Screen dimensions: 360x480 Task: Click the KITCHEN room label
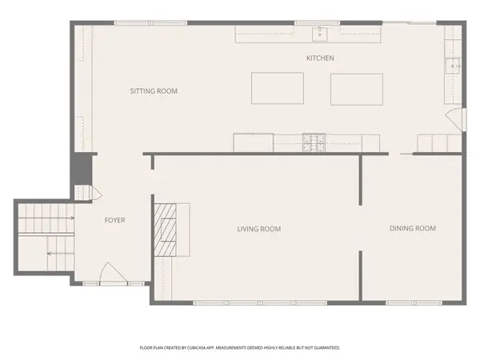pos(320,58)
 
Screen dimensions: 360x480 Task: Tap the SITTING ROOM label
pos(154,91)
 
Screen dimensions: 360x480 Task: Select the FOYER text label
pos(114,220)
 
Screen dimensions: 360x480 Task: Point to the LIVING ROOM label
pos(258,229)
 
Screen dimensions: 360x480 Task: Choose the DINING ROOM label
pos(412,229)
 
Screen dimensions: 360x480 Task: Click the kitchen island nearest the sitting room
pos(277,88)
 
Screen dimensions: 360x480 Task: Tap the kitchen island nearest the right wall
pos(356,88)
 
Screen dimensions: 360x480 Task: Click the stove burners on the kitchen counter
pos(313,142)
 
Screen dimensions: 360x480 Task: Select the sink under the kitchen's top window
pos(319,34)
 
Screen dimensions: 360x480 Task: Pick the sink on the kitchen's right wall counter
pos(453,66)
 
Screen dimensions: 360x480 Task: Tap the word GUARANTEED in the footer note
pos(324,348)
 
